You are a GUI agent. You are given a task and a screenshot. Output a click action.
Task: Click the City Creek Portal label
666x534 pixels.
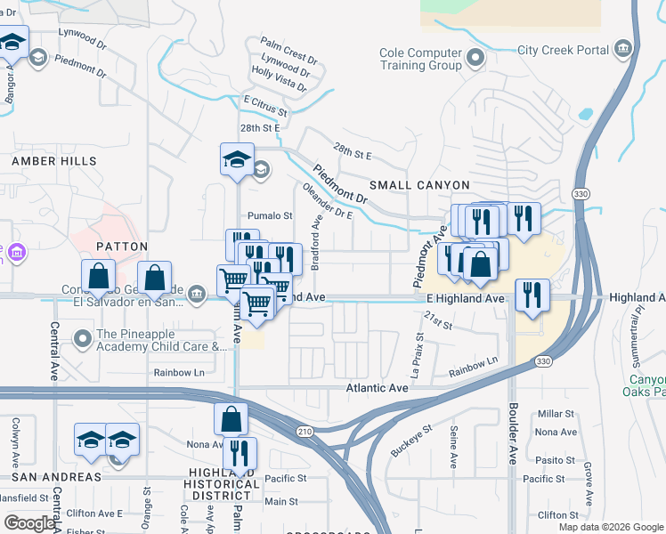click(x=563, y=50)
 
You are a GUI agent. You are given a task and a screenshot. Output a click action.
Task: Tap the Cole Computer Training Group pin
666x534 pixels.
click(x=475, y=60)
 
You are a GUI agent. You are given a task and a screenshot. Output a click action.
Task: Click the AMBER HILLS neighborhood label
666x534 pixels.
click(x=53, y=160)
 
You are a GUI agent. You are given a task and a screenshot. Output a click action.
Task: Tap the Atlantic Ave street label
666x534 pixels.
click(x=377, y=388)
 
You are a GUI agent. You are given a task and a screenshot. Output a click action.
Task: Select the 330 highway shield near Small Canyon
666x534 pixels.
click(x=581, y=193)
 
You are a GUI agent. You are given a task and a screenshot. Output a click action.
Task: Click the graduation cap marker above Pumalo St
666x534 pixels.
click(x=238, y=160)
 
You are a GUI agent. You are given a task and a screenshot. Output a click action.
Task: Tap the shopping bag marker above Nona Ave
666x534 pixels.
click(x=231, y=418)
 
